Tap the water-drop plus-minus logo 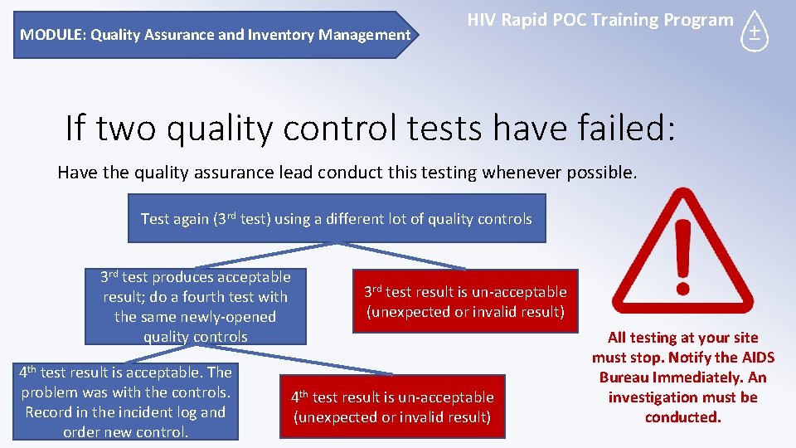click(754, 32)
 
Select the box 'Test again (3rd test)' click(337, 218)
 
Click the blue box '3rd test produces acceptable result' click(196, 306)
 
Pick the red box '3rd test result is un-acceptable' click(466, 302)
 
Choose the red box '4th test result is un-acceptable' click(391, 407)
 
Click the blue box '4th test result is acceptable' click(125, 402)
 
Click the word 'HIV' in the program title click(483, 20)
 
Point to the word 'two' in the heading click(124, 129)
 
